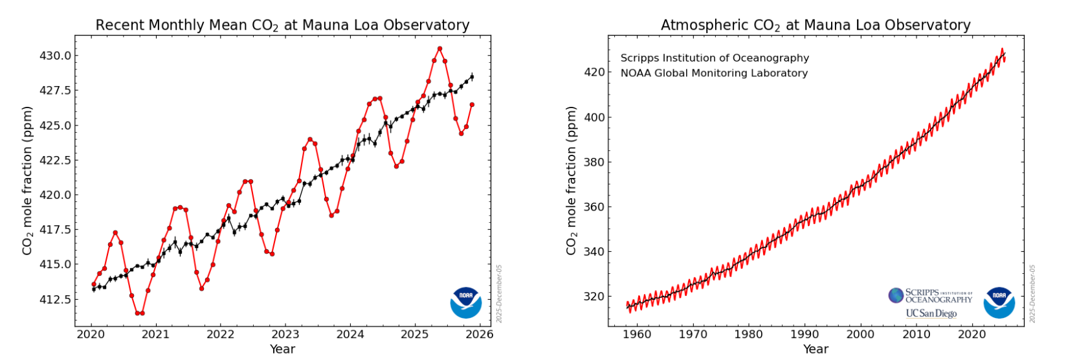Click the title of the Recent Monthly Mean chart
[282, 25]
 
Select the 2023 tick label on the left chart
[285, 334]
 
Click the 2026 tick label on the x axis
[480, 334]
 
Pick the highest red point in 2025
[439, 49]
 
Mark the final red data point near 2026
[472, 104]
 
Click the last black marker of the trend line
[472, 77]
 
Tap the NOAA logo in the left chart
[466, 302]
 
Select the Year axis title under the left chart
[282, 349]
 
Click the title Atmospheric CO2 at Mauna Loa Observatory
[816, 25]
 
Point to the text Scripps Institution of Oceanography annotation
[715, 58]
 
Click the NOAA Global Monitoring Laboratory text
[714, 73]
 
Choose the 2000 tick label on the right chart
[860, 334]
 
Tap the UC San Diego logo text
[931, 313]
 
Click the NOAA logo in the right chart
[999, 302]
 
